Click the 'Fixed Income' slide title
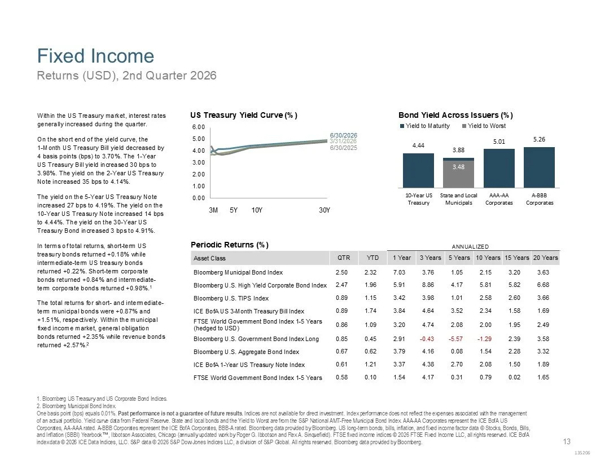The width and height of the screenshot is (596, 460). pyautogui.click(x=95, y=56)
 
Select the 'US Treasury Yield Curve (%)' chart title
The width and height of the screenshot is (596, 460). pyautogui.click(x=244, y=115)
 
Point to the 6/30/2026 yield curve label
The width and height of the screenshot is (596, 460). pyautogui.click(x=344, y=135)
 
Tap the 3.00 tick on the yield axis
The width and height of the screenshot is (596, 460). pyautogui.click(x=199, y=162)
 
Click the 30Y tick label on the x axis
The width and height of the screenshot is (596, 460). pyautogui.click(x=324, y=210)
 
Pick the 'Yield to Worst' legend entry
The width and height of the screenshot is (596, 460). pyautogui.click(x=484, y=126)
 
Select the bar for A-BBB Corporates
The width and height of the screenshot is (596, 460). pyautogui.click(x=539, y=167)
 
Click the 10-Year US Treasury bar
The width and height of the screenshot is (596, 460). pyautogui.click(x=418, y=170)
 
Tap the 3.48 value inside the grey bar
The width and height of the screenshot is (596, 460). pyautogui.click(x=458, y=167)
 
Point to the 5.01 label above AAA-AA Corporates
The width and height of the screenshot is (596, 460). pyautogui.click(x=499, y=141)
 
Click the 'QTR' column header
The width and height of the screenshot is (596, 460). pyautogui.click(x=344, y=258)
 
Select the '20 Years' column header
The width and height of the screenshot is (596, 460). pyautogui.click(x=545, y=258)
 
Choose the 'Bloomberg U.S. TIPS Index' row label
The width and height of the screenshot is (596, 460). pyautogui.click(x=231, y=298)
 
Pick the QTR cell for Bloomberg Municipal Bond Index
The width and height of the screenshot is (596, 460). pyautogui.click(x=341, y=272)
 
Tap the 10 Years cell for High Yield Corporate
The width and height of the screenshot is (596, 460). pyautogui.click(x=485, y=285)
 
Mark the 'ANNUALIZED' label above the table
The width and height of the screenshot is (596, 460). pyautogui.click(x=470, y=247)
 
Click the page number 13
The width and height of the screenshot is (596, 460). pyautogui.click(x=566, y=441)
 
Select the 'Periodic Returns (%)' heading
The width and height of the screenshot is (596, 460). pyautogui.click(x=230, y=245)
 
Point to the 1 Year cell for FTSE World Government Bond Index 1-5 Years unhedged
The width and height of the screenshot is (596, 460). pyautogui.click(x=399, y=377)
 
